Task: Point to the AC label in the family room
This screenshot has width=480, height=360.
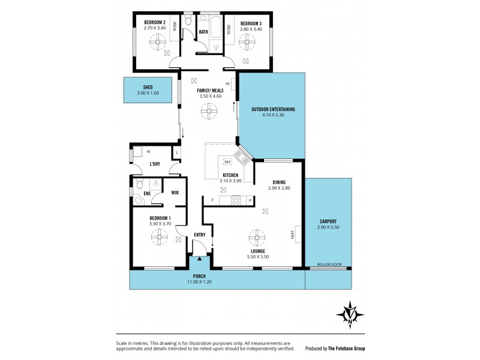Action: [228, 83]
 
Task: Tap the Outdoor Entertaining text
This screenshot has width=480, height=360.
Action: [272, 109]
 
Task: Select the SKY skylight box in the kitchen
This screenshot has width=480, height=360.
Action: [227, 162]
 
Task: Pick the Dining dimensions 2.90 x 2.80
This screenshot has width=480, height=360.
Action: [278, 188]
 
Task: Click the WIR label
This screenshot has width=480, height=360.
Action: [175, 193]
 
